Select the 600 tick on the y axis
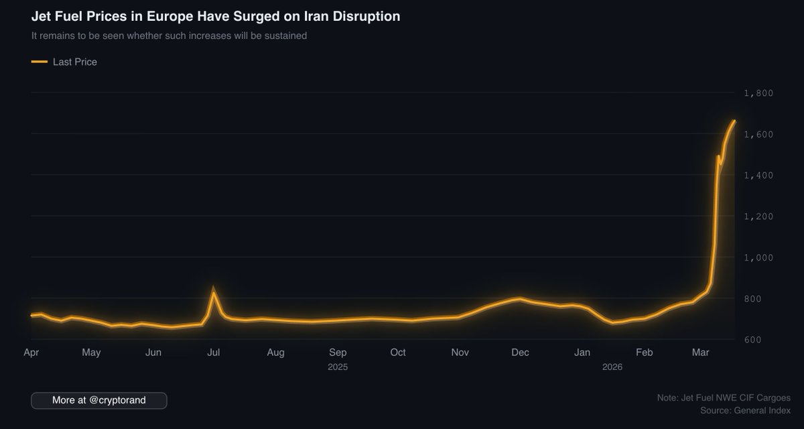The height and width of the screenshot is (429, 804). (754, 340)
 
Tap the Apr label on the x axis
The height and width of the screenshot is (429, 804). (31, 353)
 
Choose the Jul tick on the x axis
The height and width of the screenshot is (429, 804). (214, 353)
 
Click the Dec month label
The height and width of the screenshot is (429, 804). (520, 353)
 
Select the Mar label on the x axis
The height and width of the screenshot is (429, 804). (701, 353)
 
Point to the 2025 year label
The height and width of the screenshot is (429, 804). (338, 367)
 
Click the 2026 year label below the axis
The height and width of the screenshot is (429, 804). (612, 367)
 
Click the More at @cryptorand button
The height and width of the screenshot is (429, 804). (99, 400)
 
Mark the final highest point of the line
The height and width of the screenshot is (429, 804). (734, 121)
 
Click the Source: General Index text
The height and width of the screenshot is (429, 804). (745, 410)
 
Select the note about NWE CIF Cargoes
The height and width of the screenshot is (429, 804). (724, 397)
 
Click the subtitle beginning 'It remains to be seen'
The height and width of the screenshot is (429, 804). (169, 36)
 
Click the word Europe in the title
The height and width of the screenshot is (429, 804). (161, 16)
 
